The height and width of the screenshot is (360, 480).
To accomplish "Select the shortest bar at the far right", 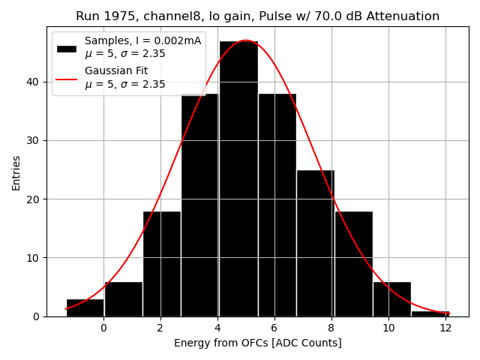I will pyautogui.click(x=430, y=313).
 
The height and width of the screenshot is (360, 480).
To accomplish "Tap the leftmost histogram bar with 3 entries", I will pyautogui.click(x=85, y=307).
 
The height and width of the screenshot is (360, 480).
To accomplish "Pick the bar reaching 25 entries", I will pyautogui.click(x=315, y=243).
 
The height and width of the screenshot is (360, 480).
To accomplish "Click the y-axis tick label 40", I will pyautogui.click(x=36, y=82).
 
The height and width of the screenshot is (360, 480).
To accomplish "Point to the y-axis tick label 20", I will pyautogui.click(x=36, y=199).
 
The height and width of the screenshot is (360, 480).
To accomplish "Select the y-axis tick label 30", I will pyautogui.click(x=36, y=140).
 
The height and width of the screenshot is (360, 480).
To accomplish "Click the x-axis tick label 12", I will pyautogui.click(x=445, y=328).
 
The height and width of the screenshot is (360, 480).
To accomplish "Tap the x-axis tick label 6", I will pyautogui.click(x=274, y=328).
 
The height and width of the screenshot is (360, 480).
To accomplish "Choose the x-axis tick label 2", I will pyautogui.click(x=160, y=328).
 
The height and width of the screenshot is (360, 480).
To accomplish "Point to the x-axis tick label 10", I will pyautogui.click(x=388, y=328).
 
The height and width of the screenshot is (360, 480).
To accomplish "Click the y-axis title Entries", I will pyautogui.click(x=16, y=172).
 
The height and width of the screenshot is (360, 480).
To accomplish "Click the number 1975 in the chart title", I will pyautogui.click(x=115, y=16).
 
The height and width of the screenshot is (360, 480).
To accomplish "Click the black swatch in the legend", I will pyautogui.click(x=67, y=48).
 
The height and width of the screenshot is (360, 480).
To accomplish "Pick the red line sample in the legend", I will pyautogui.click(x=67, y=78).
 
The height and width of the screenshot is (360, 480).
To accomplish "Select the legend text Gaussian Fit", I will pyautogui.click(x=116, y=71).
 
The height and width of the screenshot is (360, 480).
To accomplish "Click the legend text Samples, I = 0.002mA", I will pyautogui.click(x=142, y=40).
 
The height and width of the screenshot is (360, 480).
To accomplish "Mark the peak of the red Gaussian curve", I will pyautogui.click(x=245, y=40).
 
